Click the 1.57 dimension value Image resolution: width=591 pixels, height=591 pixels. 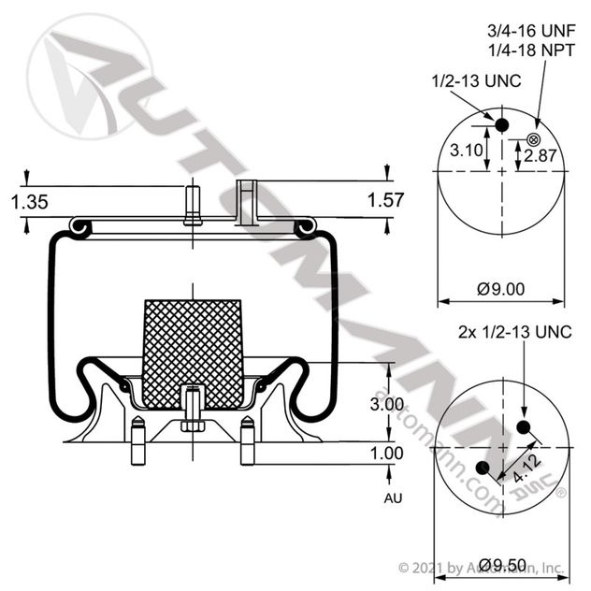point(385,200)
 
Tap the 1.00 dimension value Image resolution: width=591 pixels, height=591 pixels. point(385,453)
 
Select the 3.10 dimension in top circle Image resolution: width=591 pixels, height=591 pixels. point(467,151)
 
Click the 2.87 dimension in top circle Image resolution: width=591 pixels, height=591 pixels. point(540,155)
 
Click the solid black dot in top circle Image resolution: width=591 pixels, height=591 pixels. point(501,125)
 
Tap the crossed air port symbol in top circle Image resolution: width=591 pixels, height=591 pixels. point(533,140)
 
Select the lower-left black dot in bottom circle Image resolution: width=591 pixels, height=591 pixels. point(483,468)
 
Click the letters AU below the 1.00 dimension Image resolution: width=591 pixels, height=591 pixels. point(393,498)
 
